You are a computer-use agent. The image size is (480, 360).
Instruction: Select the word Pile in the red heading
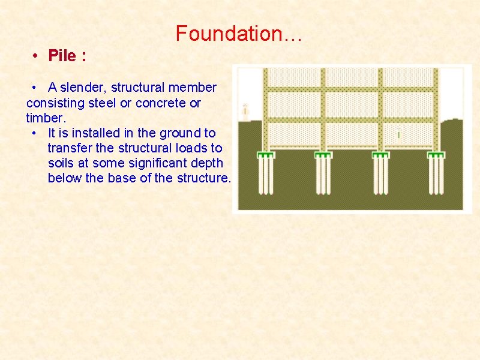62,56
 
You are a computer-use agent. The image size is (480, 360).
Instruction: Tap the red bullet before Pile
37,56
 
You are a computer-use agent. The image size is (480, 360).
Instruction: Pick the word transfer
68,148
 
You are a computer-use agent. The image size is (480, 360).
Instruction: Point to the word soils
62,163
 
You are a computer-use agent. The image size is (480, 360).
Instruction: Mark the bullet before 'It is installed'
37,133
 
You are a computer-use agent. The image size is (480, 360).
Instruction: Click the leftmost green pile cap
266,155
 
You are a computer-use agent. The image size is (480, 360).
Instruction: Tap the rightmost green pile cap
436,155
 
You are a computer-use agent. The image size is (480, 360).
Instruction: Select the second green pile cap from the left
323,155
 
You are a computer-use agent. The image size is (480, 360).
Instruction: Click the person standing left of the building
245,110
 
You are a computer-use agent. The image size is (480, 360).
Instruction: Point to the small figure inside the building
399,134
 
